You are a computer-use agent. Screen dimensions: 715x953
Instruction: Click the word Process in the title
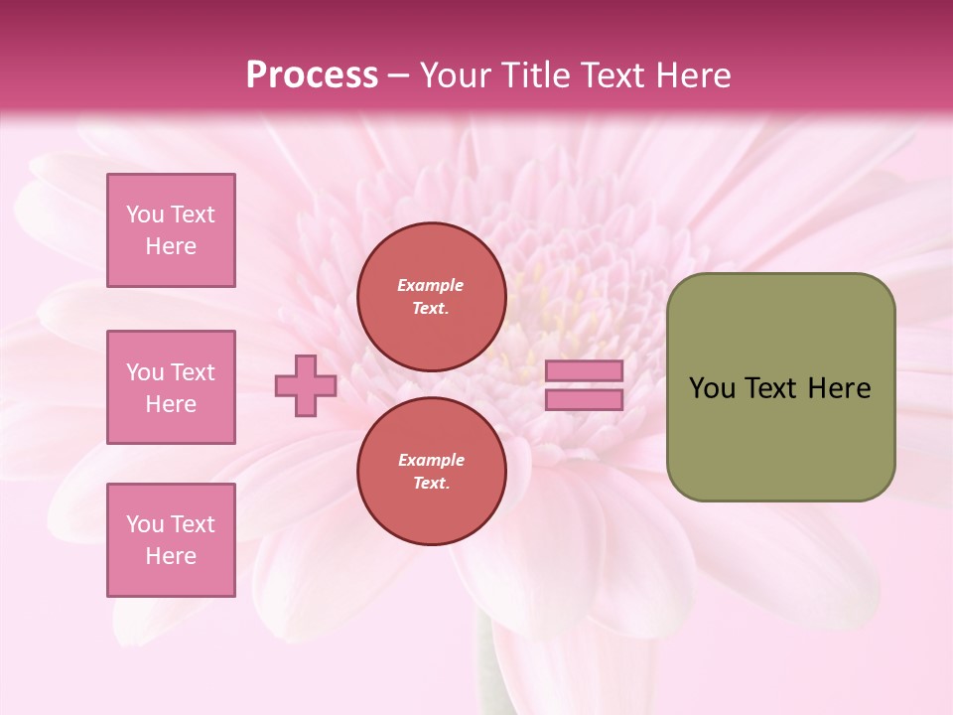click(312, 75)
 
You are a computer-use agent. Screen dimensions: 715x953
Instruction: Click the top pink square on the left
click(171, 230)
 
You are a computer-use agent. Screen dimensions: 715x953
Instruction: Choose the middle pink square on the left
click(171, 387)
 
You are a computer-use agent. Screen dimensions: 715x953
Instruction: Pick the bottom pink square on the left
click(171, 540)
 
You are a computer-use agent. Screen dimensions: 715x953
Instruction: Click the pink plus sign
click(306, 385)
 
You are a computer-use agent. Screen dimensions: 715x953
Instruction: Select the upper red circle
click(431, 297)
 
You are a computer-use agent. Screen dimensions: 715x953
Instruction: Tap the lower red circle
click(431, 472)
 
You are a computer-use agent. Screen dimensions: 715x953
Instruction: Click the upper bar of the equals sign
click(585, 370)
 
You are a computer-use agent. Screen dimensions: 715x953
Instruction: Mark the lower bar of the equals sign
click(585, 400)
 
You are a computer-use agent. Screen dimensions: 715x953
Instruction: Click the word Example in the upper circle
click(431, 285)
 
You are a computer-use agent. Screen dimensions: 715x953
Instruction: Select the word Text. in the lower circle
click(431, 484)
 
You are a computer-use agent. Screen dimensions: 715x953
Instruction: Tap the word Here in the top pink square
click(171, 246)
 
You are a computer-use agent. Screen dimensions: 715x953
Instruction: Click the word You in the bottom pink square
click(145, 524)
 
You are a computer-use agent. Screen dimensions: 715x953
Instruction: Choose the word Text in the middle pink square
click(192, 372)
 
